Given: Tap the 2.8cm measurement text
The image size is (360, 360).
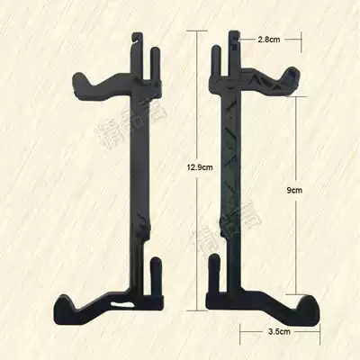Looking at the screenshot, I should (268, 40).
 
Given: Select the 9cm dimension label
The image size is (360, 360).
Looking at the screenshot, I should (290, 191).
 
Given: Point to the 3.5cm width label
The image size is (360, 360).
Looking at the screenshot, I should (280, 330).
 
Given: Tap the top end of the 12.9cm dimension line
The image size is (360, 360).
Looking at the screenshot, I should (191, 29).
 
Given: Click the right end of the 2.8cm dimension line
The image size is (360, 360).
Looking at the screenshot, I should (298, 40).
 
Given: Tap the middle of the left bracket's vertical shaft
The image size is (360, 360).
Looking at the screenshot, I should (144, 180).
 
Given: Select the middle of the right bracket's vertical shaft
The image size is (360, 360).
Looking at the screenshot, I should (226, 180).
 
